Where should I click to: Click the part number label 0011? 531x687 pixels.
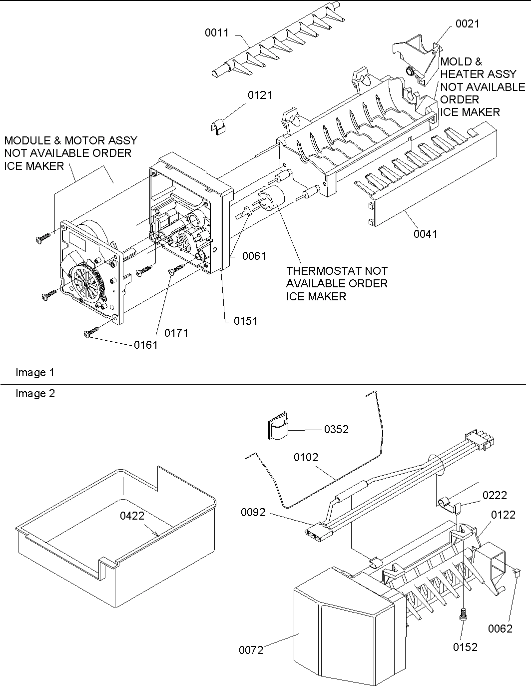click(216, 33)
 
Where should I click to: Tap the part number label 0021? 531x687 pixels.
click(467, 23)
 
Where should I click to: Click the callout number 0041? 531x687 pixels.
click(425, 233)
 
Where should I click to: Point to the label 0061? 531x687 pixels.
click(254, 256)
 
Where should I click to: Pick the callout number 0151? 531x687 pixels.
click(246, 321)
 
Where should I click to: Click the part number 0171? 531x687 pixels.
click(176, 333)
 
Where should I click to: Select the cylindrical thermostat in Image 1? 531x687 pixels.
click(271, 197)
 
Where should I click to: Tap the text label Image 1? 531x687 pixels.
click(35, 372)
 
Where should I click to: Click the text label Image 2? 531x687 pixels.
click(35, 394)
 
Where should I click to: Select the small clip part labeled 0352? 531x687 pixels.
click(278, 427)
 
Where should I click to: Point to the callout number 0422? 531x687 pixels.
click(132, 516)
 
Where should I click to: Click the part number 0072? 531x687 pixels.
click(251, 650)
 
